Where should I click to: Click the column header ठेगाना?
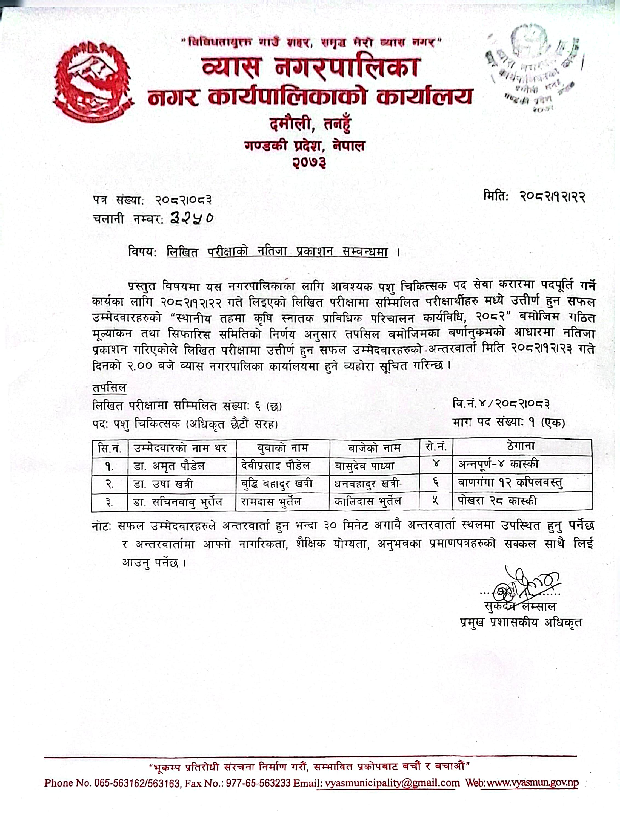point(521,447)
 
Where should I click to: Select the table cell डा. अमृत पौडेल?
point(169,466)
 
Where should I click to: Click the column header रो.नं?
point(435,447)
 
